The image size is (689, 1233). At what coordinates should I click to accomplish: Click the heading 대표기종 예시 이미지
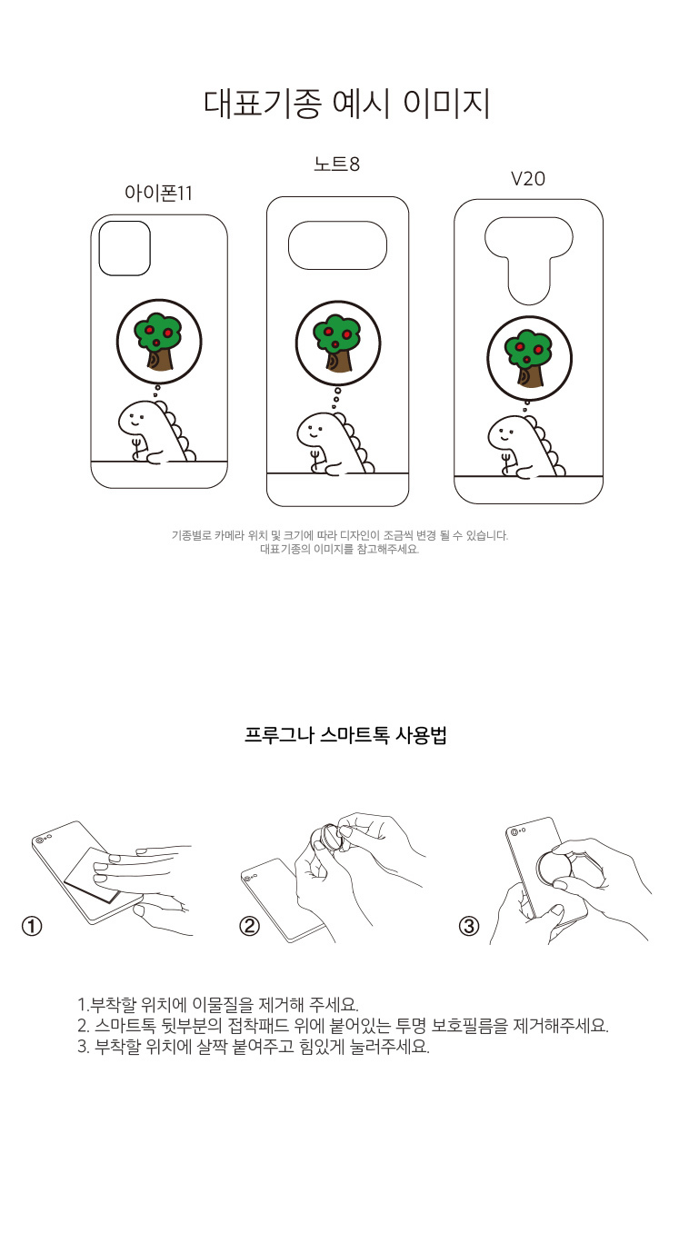coord(346,103)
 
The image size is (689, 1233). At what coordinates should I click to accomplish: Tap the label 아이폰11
coord(159,194)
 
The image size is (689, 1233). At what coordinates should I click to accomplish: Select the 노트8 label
coord(336,164)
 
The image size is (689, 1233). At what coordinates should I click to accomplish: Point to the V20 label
coord(528,179)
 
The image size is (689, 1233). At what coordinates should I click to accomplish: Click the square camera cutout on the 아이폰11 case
coord(125,248)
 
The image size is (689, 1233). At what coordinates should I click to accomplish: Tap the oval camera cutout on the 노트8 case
coord(337,245)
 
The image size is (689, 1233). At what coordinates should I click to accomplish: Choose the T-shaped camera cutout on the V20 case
coord(529,261)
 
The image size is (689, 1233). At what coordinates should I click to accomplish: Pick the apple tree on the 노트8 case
coord(336,343)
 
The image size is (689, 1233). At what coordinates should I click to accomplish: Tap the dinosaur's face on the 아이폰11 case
coord(134,421)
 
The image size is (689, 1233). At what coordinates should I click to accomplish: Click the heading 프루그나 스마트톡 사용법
coord(345,735)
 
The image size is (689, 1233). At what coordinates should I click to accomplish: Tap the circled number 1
coord(32,926)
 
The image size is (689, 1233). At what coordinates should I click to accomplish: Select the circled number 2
coord(249,926)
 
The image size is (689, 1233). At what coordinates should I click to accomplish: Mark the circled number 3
coord(469,926)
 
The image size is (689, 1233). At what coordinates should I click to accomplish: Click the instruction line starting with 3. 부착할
coord(254,1047)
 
